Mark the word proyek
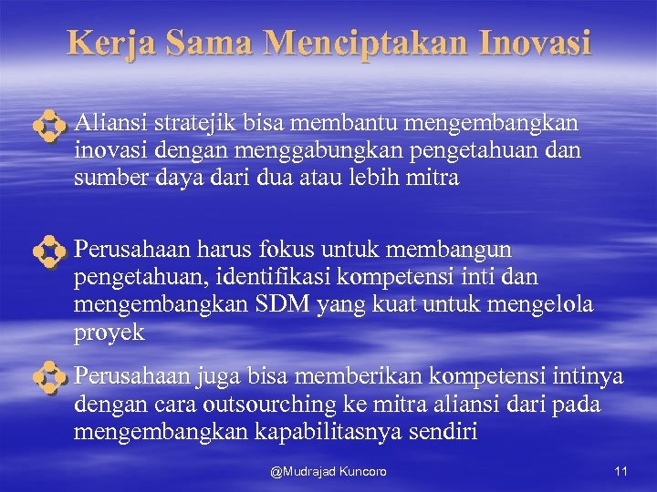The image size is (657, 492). tap(109, 333)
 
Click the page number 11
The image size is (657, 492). tap(620, 471)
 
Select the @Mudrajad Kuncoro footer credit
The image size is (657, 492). tap(328, 471)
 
